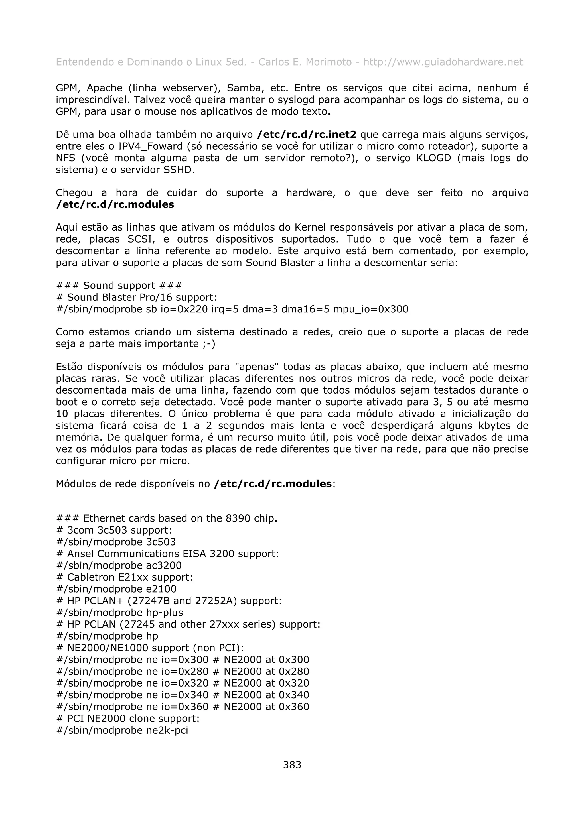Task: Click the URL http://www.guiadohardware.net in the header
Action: click(443, 62)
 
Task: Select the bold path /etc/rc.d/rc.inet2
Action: click(307, 135)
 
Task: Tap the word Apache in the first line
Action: click(105, 88)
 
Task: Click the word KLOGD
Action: click(433, 158)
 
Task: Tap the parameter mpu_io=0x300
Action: click(371, 309)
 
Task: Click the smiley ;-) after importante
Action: click(208, 344)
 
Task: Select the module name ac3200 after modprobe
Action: click(164, 565)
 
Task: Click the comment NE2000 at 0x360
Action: click(266, 707)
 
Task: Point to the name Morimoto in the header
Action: click(328, 62)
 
